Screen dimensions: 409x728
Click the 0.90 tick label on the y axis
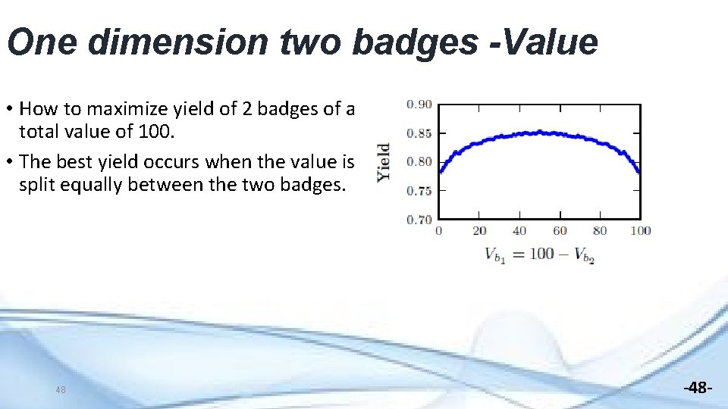point(419,105)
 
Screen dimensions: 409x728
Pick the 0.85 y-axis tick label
point(419,133)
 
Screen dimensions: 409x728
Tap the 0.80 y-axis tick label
point(419,162)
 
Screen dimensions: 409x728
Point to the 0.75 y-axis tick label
point(419,191)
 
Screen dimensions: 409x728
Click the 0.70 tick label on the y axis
point(419,220)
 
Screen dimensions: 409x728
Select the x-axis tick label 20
point(479,231)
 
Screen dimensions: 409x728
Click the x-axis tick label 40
point(519,231)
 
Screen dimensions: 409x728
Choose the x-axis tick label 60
point(560,231)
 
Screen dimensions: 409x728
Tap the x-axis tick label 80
point(600,231)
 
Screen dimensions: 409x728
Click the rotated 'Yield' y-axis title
point(384,162)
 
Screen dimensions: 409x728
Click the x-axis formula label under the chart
point(539,254)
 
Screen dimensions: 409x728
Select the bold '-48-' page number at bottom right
point(697,389)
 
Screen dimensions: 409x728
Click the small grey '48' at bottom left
point(61,390)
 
